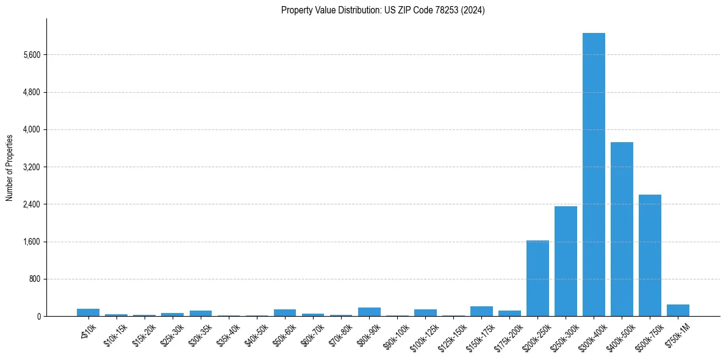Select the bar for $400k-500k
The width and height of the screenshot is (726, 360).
pyautogui.click(x=622, y=229)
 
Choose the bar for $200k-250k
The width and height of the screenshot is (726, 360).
pyautogui.click(x=537, y=278)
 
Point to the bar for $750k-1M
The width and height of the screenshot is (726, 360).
pyautogui.click(x=678, y=310)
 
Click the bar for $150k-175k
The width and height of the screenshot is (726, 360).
pyautogui.click(x=481, y=311)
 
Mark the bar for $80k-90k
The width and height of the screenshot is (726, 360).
pyautogui.click(x=369, y=312)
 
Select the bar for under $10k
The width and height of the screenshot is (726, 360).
pyautogui.click(x=88, y=312)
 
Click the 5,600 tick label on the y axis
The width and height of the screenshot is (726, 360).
pyautogui.click(x=31, y=55)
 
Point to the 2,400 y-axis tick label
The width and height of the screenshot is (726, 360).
pyautogui.click(x=31, y=204)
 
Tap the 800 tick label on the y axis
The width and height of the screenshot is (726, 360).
pyautogui.click(x=34, y=279)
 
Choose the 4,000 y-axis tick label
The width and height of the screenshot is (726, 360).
pyautogui.click(x=31, y=129)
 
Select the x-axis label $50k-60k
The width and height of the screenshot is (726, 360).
pyautogui.click(x=286, y=334)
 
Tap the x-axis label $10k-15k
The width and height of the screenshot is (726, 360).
pyautogui.click(x=117, y=334)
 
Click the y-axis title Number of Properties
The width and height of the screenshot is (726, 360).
pyautogui.click(x=9, y=167)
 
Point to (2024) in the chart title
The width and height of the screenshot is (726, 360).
pyautogui.click(x=474, y=10)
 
